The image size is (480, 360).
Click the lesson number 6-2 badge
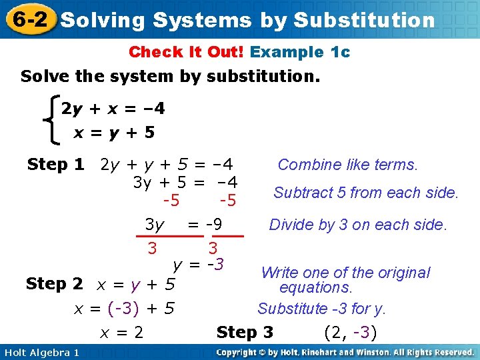[x=29, y=19]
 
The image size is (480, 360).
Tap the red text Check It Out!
[x=187, y=52]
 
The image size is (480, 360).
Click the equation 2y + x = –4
[x=113, y=108]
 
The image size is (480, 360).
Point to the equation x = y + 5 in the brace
[x=114, y=133]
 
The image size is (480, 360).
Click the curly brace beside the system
[x=49, y=120]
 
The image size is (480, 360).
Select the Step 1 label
[x=55, y=164]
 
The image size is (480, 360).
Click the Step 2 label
[x=54, y=284]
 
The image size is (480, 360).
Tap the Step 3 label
[x=245, y=332]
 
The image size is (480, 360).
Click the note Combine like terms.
[x=347, y=165]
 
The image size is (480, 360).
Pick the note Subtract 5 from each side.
[x=366, y=193]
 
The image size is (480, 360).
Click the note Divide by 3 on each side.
[x=357, y=225]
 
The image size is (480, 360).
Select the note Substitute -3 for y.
[x=322, y=309]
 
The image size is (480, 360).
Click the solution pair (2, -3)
[x=350, y=332]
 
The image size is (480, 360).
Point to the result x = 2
[x=121, y=332]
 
